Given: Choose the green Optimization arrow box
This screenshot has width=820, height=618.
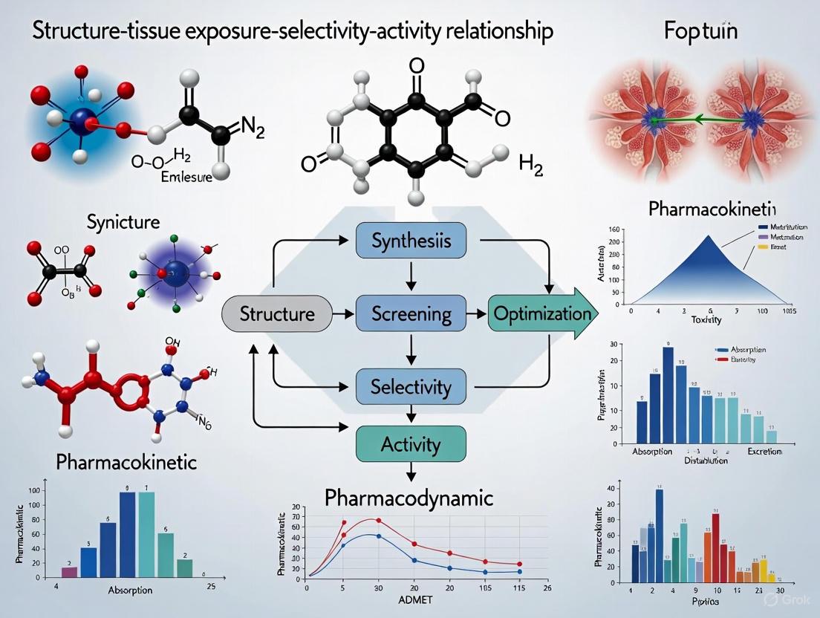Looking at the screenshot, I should (x=539, y=313).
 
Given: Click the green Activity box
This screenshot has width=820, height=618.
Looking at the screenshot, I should (x=410, y=445).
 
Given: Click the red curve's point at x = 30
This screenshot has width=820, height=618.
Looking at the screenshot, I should (x=378, y=521).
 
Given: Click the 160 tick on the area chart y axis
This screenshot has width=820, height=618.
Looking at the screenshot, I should (x=613, y=230).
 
